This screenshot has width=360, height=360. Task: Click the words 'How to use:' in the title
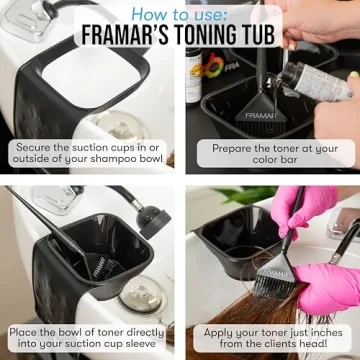pyautogui.click(x=180, y=14)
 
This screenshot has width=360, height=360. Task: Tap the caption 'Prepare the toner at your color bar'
pyautogui.click(x=275, y=153)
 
